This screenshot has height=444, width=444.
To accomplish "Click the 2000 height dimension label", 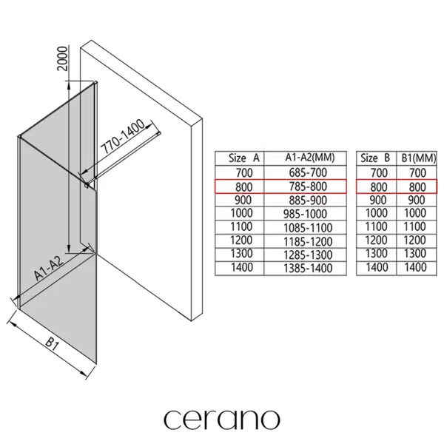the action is coord(63,58).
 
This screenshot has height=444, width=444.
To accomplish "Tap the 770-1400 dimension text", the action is coord(123,137).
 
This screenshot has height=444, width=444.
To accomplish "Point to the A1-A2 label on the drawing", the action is coord(48,269).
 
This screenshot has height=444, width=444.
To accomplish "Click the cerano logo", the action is coord(222,419).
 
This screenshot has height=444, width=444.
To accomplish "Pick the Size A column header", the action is coord(243,158).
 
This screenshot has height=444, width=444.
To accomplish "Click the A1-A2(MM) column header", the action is coord(310,158).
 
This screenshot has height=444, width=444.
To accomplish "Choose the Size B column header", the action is coord(375,158).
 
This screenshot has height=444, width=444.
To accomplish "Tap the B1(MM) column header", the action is coord(419,158).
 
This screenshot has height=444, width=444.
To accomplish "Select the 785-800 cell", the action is coord(308,186).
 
